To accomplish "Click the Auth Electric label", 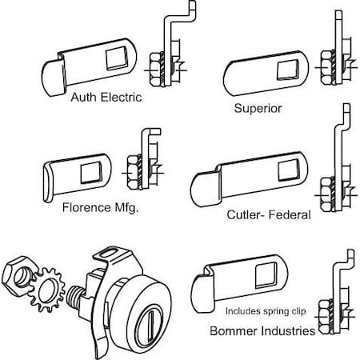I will tap(106, 98).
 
